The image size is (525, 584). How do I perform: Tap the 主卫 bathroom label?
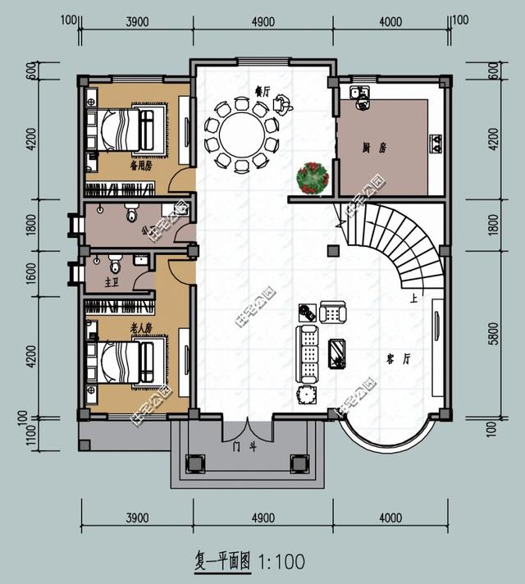pyautogui.click(x=112, y=283)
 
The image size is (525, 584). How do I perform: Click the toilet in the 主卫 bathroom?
pyautogui.click(x=115, y=264)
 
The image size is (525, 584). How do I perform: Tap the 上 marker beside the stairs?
pyautogui.click(x=414, y=300)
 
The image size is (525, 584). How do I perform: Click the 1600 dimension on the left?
pyautogui.click(x=31, y=271)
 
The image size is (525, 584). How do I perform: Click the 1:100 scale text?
pyautogui.click(x=281, y=562)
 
